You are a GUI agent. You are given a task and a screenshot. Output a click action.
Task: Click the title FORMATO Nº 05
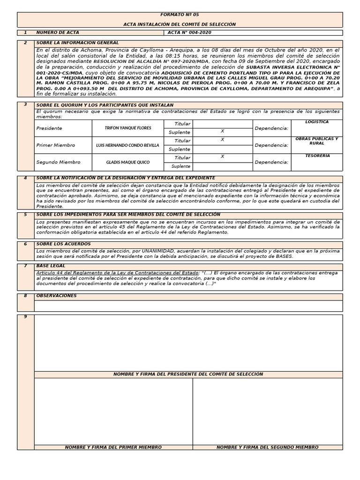pos(180,15)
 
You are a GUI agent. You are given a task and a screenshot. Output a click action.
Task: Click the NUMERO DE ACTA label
pos(58,33)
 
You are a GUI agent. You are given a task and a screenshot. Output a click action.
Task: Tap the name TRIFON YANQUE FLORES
pos(127,128)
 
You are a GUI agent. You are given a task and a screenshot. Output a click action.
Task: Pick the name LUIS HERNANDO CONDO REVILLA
pos(127,145)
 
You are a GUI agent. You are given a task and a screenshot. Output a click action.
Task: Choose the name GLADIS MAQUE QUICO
pos(127,162)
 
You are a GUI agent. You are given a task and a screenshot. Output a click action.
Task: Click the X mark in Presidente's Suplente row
pos(222,132)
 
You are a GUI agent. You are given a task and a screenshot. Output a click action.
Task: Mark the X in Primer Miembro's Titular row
pos(222,140)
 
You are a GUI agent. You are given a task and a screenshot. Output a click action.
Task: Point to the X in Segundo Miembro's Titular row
pos(222,157)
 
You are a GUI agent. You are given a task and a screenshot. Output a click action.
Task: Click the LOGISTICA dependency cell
pos(317,122)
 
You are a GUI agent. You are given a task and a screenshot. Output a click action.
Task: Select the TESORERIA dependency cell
pos(317,156)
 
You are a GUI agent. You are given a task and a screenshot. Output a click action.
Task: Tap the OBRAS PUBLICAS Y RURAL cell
pos(317,141)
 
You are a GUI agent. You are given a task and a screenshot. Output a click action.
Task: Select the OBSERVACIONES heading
pos(56,296)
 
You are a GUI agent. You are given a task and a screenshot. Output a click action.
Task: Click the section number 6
pos(25,244)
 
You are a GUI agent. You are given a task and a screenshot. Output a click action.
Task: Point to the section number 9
pos(25,317)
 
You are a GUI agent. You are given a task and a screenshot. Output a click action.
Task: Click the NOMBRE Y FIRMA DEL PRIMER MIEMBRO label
pos(113,447)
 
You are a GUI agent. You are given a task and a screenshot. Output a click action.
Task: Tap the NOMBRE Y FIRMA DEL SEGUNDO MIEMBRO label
pos(267,447)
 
